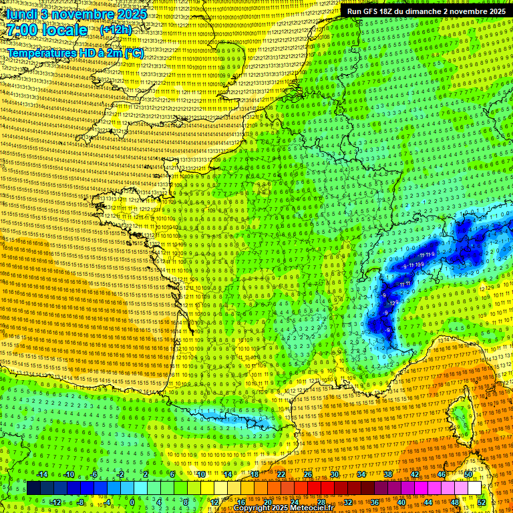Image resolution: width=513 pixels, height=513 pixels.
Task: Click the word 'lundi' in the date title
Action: [19, 14]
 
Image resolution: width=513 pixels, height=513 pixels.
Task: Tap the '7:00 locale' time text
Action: [47, 30]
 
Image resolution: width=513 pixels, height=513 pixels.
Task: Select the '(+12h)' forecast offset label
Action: [116, 30]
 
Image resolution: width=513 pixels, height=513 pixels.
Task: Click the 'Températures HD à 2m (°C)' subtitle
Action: [75, 53]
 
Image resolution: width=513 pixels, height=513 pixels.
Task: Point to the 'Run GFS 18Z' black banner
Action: [426, 11]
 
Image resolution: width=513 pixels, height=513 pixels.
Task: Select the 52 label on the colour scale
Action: [482, 502]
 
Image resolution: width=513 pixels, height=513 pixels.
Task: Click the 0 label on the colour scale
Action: [133, 502]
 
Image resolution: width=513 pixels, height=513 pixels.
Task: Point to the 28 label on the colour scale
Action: [321, 502]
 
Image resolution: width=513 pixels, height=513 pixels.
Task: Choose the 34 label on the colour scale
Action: [361, 474]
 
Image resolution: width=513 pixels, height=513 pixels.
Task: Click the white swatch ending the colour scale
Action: [474, 488]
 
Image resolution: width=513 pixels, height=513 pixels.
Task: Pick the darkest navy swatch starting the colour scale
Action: [33, 488]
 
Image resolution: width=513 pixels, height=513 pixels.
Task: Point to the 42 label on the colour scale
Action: [414, 474]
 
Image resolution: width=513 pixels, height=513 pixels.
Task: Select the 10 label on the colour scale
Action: [200, 474]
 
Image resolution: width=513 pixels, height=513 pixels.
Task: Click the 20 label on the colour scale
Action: [267, 502]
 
